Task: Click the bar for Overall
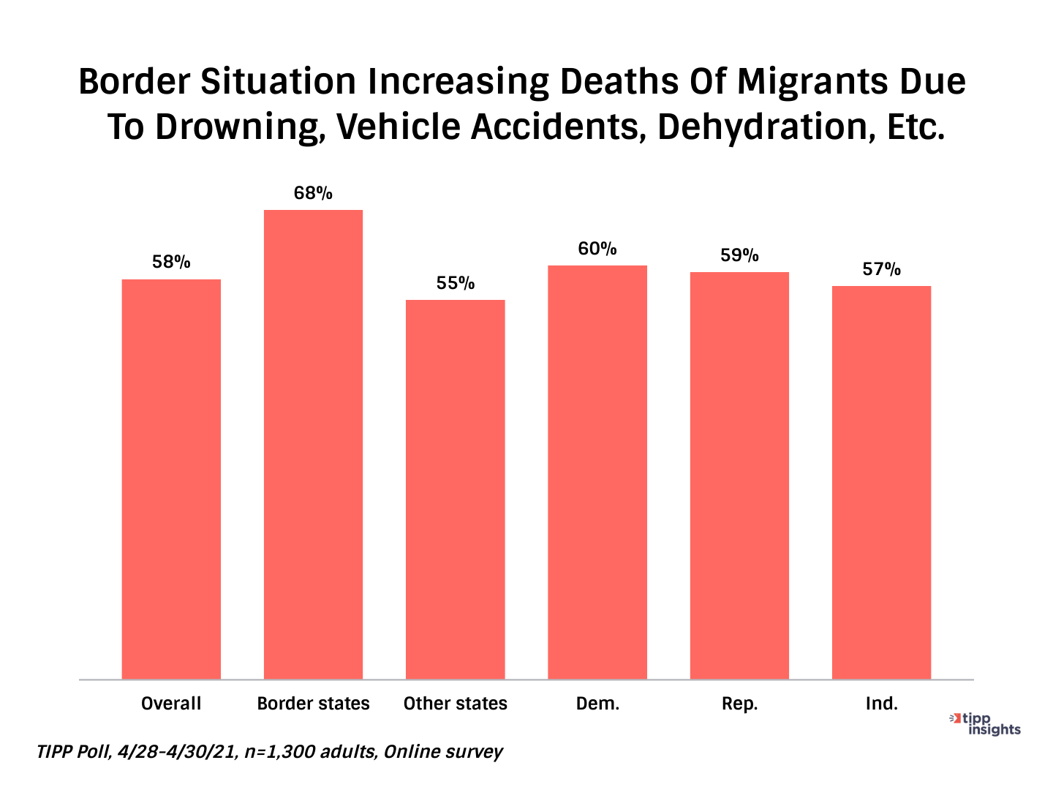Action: pyautogui.click(x=171, y=479)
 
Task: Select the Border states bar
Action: pyautogui.click(x=313, y=444)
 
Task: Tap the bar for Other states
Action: pyautogui.click(x=455, y=489)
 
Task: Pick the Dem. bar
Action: pyautogui.click(x=597, y=472)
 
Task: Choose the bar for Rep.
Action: pyautogui.click(x=739, y=475)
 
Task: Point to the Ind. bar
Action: pyautogui.click(x=881, y=482)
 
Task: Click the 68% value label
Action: pyautogui.click(x=313, y=194)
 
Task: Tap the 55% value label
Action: pyautogui.click(x=456, y=284)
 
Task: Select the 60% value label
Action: pyautogui.click(x=597, y=249)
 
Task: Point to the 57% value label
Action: pyautogui.click(x=881, y=270)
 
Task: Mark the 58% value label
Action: pyautogui.click(x=171, y=263)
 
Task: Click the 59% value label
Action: pyautogui.click(x=739, y=256)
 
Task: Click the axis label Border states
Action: pyautogui.click(x=313, y=704)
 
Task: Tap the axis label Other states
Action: pyautogui.click(x=455, y=704)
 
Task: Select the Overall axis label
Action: pyautogui.click(x=171, y=704)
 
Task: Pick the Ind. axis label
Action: pyautogui.click(x=881, y=704)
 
